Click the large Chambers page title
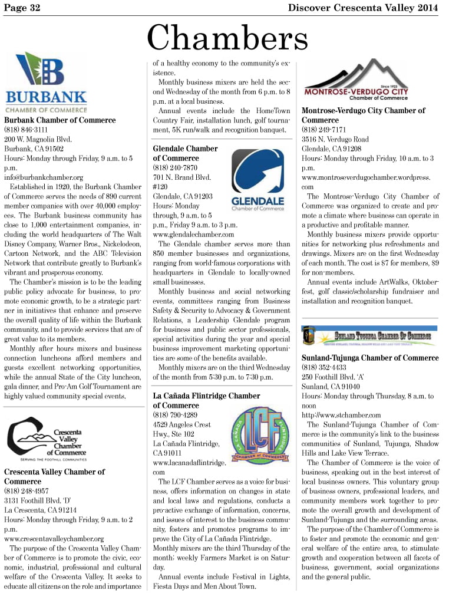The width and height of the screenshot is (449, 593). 227,38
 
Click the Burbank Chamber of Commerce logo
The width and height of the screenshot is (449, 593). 46,83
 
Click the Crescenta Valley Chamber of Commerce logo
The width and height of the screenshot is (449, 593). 46,439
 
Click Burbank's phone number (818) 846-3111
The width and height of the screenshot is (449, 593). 26,130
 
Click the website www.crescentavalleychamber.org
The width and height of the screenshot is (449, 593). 54,538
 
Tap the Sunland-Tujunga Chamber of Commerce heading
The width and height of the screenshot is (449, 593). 369,358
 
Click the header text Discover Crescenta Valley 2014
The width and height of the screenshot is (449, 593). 363,7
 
